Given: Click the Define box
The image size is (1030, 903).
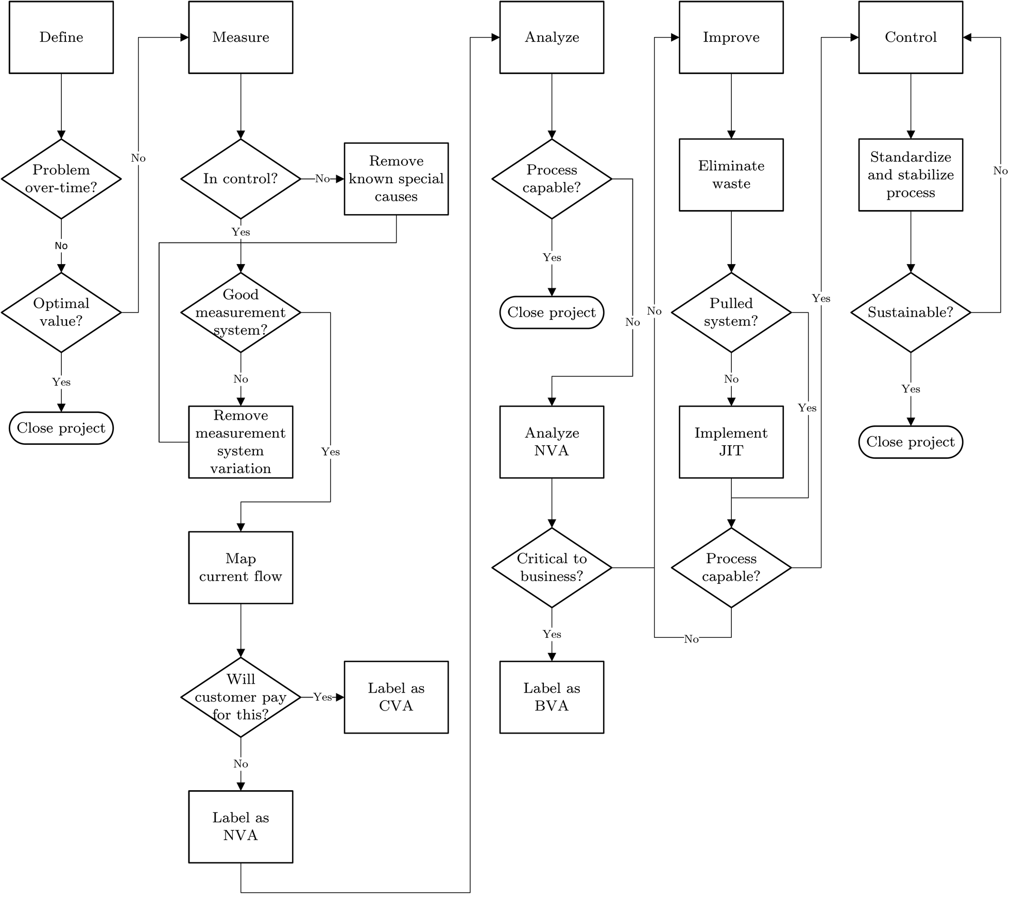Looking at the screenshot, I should coord(61,37).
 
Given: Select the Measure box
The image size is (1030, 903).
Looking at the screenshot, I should coord(241,37).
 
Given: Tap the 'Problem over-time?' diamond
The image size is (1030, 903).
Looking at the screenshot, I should coord(61,179).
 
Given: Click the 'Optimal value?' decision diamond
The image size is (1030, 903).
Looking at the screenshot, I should coord(61,312).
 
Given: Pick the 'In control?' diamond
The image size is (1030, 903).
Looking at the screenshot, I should coord(241,179).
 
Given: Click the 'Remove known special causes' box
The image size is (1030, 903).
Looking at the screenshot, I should coord(396,179).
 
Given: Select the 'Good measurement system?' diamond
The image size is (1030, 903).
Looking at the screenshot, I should coord(241,312).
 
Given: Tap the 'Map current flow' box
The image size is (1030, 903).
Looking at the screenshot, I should coord(241,567).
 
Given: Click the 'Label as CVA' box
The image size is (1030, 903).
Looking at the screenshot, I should coord(396,697).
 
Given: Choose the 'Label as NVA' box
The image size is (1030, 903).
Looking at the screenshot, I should coord(241,826).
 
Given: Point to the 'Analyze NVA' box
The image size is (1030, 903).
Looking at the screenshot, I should coord(552,442).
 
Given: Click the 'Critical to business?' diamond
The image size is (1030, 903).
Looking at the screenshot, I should coord(552,567).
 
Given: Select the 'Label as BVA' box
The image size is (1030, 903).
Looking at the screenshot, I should coord(552,697).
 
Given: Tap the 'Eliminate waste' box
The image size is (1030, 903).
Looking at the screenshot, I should coord(731,175).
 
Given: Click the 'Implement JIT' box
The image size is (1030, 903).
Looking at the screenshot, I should coord(731,442).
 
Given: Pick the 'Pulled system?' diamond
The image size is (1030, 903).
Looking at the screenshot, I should coord(731,312).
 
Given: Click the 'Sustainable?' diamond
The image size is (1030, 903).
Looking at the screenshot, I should coord(911,312).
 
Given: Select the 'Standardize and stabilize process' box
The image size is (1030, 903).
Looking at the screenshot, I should coord(911,175).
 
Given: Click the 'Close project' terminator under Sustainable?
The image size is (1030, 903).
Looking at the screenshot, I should coord(911,442).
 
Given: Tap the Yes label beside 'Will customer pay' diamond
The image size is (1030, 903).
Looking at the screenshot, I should coord(322,697).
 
